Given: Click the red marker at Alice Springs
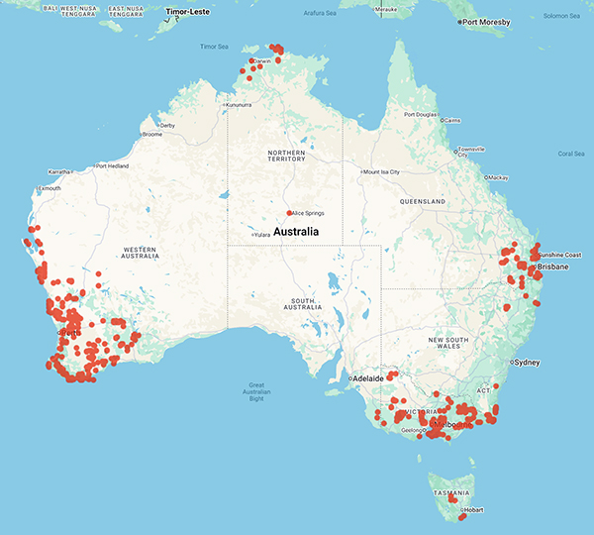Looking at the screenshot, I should click(288, 213).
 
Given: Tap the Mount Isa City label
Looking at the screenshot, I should click(382, 172).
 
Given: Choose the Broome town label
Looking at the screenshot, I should click(151, 134).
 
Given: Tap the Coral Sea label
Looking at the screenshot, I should click(572, 154).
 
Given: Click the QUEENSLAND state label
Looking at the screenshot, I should click(420, 199).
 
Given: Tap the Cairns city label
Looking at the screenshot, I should click(451, 121).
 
